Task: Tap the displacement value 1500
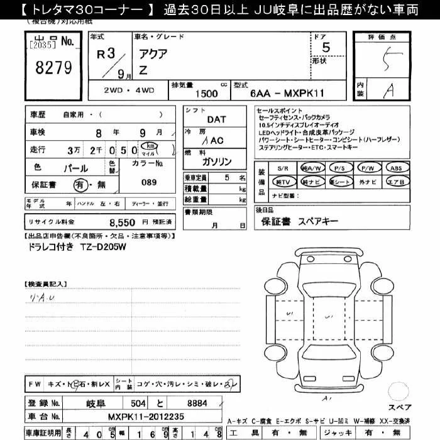tap(206, 94)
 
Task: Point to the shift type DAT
tap(216, 119)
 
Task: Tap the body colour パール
tap(77, 168)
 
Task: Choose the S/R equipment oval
tap(283, 168)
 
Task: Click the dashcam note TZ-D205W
tap(102, 247)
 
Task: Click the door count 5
tap(325, 48)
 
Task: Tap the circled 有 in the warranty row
tap(79, 185)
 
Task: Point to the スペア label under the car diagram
tap(399, 407)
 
